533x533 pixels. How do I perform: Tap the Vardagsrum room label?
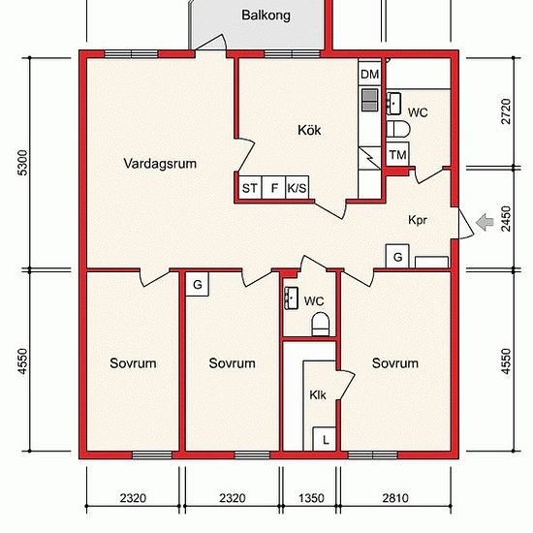coord(160,164)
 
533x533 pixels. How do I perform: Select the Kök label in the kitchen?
coord(309,130)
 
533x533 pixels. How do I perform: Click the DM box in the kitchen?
coord(369,75)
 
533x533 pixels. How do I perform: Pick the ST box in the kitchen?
coord(249,188)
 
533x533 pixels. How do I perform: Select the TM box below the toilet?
coord(396,156)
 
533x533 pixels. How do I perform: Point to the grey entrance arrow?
coord(485,223)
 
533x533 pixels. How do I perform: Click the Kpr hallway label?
coord(419,220)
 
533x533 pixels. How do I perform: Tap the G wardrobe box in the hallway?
coord(398,256)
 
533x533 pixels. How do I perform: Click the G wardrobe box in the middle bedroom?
coord(197,284)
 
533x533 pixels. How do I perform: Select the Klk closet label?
coord(318,395)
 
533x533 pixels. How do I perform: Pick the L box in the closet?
coord(326,439)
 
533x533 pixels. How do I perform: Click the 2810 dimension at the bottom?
coord(395,498)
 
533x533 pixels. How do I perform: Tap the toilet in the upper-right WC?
coord(395,129)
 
